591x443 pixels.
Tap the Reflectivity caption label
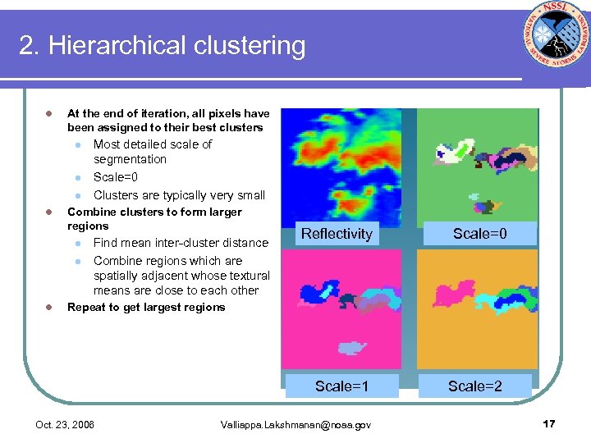click(337, 234)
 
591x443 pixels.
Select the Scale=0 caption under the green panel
click(480, 234)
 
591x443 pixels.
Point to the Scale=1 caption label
click(341, 386)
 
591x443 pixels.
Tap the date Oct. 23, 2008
click(65, 425)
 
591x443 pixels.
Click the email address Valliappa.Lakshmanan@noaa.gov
click(295, 425)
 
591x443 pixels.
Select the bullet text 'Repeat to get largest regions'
click(146, 308)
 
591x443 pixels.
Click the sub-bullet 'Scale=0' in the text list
click(116, 177)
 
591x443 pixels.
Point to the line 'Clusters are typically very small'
click(179, 195)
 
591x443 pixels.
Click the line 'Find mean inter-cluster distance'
click(181, 243)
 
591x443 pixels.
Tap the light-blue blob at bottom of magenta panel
click(352, 348)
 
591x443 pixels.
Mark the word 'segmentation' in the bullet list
click(130, 159)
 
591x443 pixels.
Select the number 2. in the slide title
click(30, 45)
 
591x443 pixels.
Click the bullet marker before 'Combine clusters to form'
click(48, 212)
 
